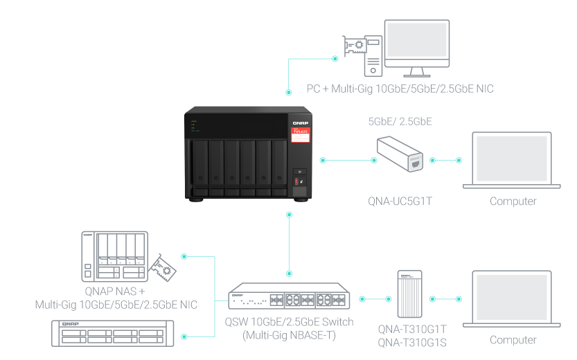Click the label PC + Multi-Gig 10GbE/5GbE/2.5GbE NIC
coord(400,89)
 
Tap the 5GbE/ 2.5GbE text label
coord(400,121)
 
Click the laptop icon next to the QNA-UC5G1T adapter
coord(513,160)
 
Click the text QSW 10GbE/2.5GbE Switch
coord(289,322)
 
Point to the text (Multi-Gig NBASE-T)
coord(289,335)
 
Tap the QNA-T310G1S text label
coord(412,343)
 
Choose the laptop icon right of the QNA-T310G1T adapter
coord(513,298)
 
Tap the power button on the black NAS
coord(299,172)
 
